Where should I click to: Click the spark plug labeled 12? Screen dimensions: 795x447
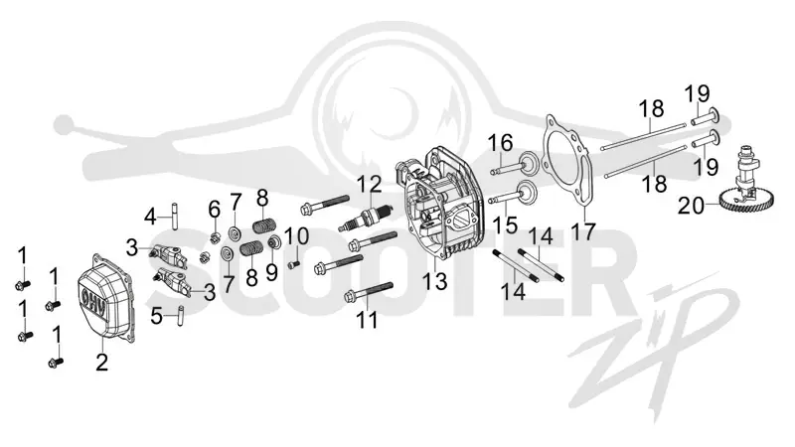click(x=366, y=218)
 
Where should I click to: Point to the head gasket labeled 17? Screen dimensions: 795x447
click(x=567, y=162)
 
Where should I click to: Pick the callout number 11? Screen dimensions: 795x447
click(x=367, y=320)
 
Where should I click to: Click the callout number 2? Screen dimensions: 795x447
click(x=102, y=363)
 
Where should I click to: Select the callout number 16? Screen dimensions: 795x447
click(x=501, y=143)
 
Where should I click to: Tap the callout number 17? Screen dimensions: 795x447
click(x=582, y=232)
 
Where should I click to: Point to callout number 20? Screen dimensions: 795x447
click(x=691, y=207)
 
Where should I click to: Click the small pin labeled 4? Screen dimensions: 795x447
click(x=174, y=217)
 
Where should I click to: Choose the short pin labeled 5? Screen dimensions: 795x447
click(x=180, y=316)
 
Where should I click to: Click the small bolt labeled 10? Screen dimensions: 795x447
click(x=294, y=264)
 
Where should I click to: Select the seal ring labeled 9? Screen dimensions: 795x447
click(x=275, y=242)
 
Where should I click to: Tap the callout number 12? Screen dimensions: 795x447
click(x=371, y=185)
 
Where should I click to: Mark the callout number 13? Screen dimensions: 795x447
click(x=435, y=282)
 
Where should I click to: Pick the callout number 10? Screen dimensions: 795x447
click(x=296, y=235)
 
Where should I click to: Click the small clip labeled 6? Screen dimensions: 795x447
click(x=214, y=235)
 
